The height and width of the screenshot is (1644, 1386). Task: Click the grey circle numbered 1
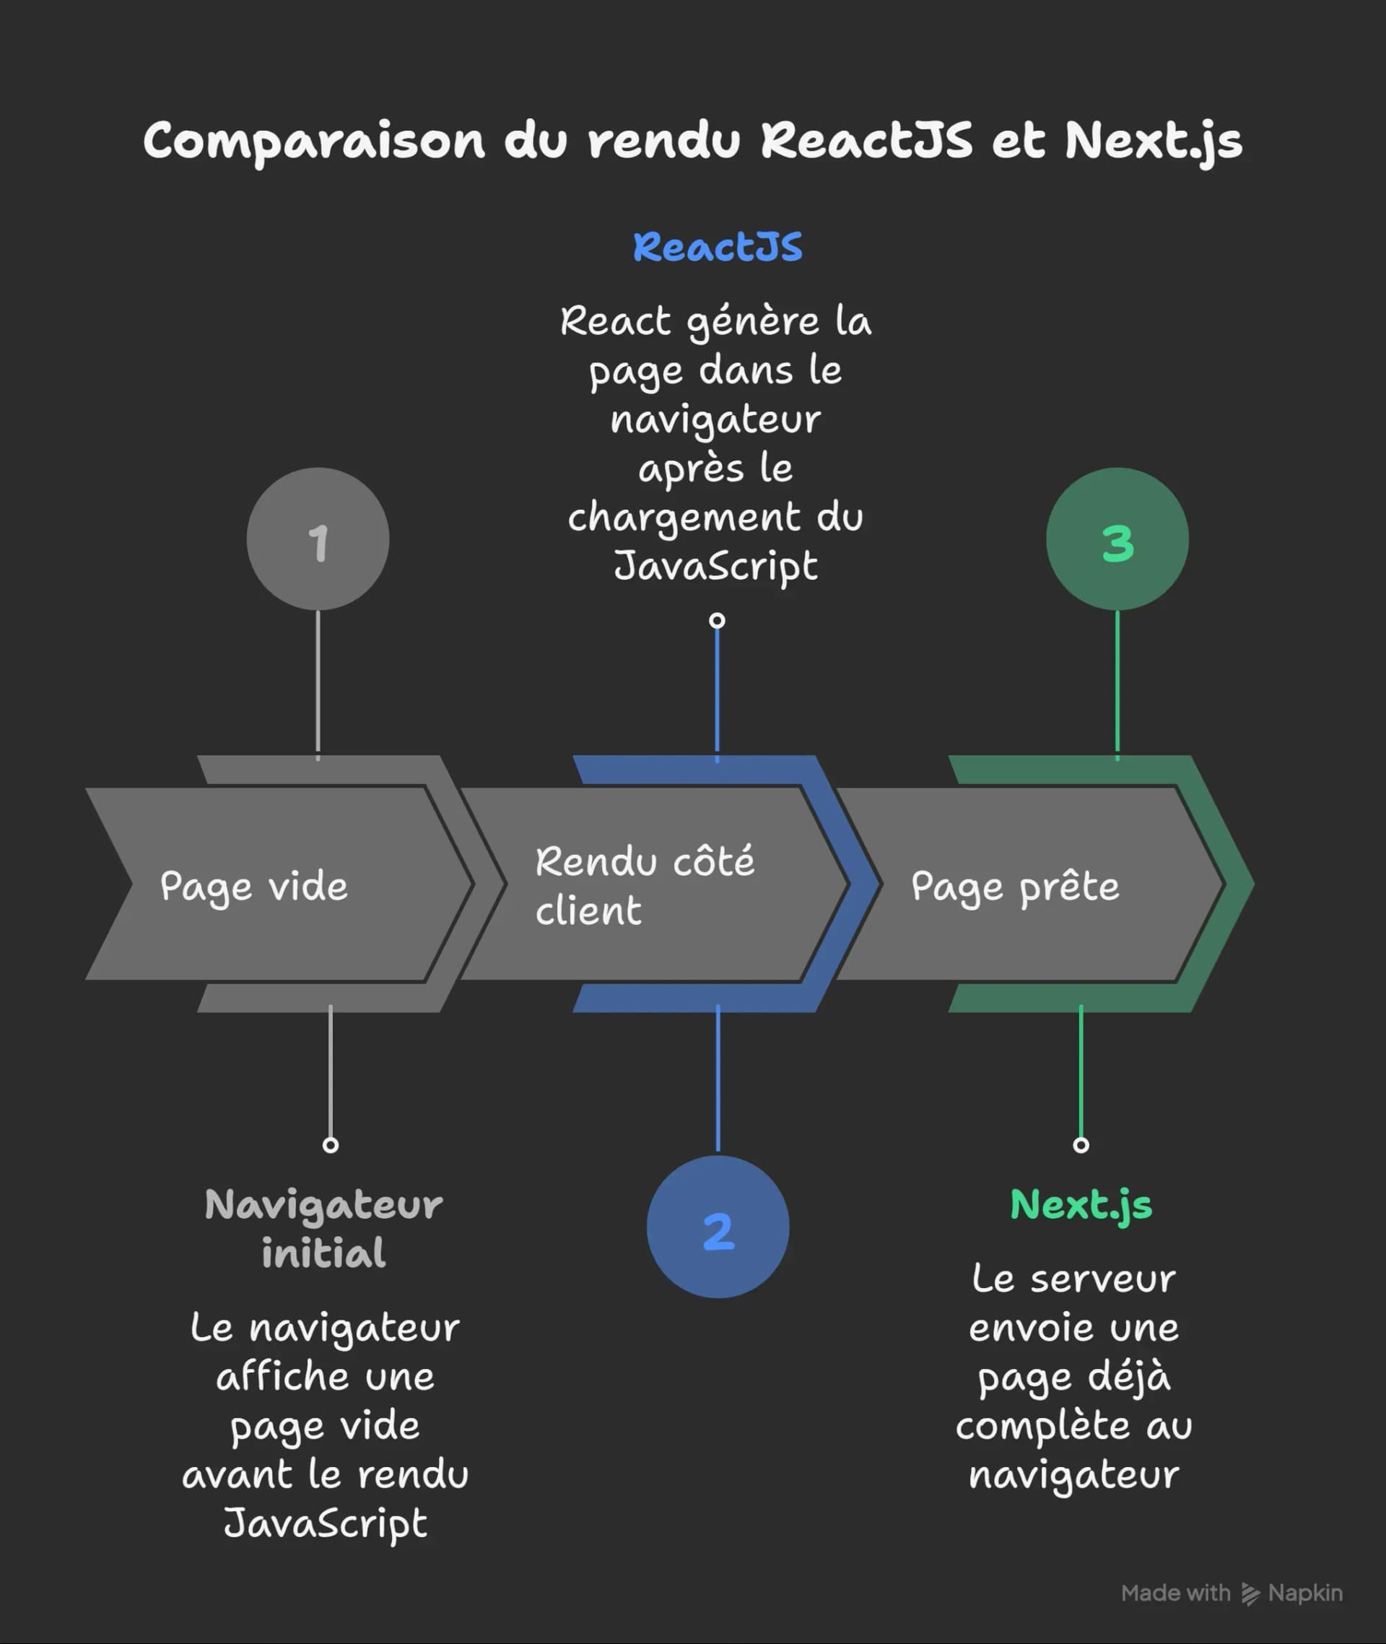(x=318, y=539)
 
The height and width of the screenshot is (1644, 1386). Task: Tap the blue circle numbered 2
(x=718, y=1227)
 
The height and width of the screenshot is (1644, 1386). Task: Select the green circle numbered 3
(x=1117, y=539)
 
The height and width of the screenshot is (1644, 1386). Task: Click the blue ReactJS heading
(x=718, y=247)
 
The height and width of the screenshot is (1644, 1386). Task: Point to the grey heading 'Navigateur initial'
(x=323, y=1228)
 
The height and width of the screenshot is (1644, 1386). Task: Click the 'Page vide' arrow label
(x=254, y=887)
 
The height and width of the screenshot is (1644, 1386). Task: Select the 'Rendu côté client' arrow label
(x=645, y=886)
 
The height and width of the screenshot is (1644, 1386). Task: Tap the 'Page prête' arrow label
(x=1015, y=887)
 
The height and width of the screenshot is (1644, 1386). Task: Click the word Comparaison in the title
(x=314, y=142)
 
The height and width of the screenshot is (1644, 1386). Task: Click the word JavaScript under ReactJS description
(x=716, y=566)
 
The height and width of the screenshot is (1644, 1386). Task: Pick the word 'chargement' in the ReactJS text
(x=684, y=518)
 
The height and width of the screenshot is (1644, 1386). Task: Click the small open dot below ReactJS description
(x=717, y=621)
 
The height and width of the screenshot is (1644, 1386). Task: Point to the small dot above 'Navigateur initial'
(x=331, y=1145)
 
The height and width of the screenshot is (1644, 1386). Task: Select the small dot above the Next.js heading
(x=1081, y=1145)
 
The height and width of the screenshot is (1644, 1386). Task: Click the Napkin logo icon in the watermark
(x=1250, y=1593)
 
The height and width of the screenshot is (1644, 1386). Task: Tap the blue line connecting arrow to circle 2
(x=718, y=1081)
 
